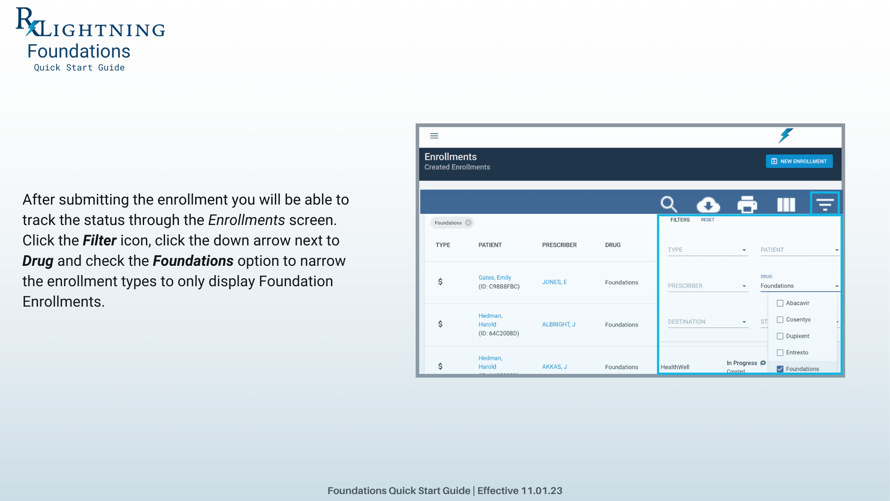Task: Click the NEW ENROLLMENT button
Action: (799, 161)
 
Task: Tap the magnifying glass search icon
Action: (669, 204)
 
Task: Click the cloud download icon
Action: (708, 205)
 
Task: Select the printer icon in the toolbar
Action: (747, 205)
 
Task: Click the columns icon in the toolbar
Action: (786, 205)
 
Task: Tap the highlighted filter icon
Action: (825, 204)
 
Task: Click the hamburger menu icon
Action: (434, 136)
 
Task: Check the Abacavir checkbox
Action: (780, 303)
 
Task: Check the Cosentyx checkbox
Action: (780, 320)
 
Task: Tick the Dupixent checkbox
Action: (780, 336)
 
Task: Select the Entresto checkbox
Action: (780, 353)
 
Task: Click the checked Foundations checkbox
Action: (780, 369)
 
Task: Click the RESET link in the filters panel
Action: (707, 220)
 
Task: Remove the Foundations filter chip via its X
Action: (468, 223)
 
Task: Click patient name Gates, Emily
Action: (495, 277)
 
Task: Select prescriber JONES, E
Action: (554, 282)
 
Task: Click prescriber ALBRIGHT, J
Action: (559, 324)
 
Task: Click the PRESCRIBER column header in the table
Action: (559, 245)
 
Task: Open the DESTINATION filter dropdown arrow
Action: (744, 322)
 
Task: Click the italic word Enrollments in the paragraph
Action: (247, 220)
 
